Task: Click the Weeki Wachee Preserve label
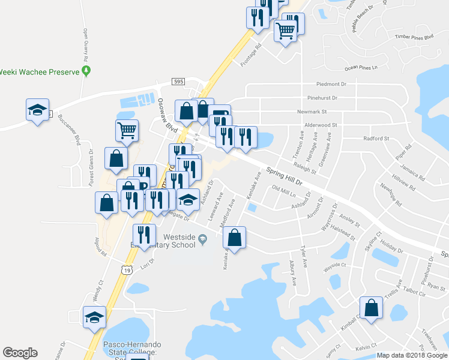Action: coord(40,72)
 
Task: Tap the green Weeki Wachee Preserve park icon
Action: coord(86,72)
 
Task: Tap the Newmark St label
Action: coord(312,112)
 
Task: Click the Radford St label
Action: coord(377,138)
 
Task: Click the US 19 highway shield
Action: coord(126,271)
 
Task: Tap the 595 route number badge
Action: coord(178,82)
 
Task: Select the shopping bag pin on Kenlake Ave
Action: coord(236,237)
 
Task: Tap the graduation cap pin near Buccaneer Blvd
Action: coord(37,109)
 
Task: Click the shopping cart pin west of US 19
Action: coord(127,130)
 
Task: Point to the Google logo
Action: coord(20,353)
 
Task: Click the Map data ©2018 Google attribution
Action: coord(412,355)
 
